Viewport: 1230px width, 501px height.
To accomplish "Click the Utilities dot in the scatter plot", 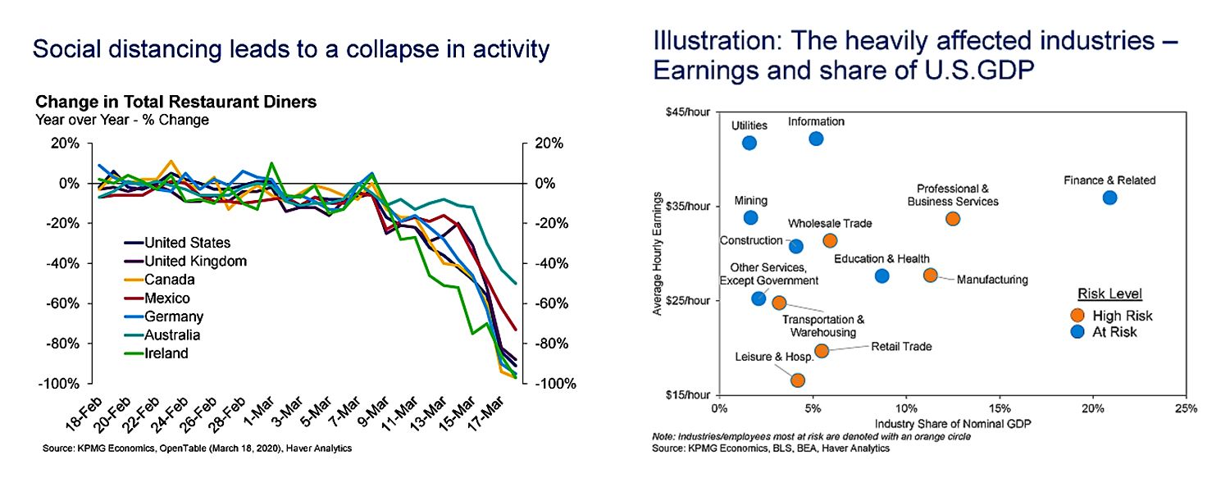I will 749,143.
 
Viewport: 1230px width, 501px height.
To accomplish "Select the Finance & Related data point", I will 1109,198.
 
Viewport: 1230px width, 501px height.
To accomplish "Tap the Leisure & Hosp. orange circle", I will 797,380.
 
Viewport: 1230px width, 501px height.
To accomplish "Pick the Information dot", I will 816,139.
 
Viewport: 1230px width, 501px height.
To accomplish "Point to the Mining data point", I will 750,217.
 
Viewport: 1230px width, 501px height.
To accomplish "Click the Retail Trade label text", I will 901,347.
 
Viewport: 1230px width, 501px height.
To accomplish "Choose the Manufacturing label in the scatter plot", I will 991,280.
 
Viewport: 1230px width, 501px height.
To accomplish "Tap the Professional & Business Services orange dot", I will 952,218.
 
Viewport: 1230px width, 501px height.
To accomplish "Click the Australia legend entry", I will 171,335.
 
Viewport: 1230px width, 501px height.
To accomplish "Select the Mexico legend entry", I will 166,298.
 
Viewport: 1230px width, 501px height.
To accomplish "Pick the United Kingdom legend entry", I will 195,261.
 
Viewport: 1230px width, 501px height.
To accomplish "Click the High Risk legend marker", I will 1078,316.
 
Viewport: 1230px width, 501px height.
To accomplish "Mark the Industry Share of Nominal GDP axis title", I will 951,424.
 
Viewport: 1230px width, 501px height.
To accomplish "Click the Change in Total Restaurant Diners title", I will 176,103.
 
